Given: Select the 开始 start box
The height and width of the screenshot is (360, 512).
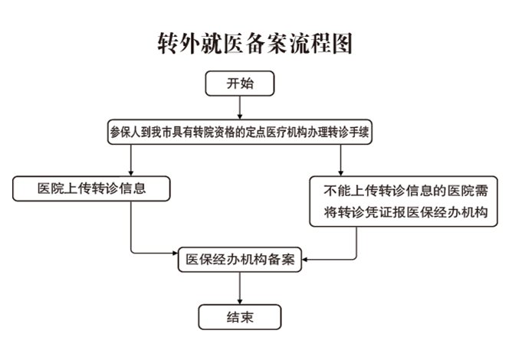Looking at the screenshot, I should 240,84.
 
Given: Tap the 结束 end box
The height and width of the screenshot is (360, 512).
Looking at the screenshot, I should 240,316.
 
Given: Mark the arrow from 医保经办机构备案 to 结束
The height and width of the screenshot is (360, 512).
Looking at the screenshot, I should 240,287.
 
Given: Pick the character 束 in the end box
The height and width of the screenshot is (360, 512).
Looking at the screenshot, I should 248,316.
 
